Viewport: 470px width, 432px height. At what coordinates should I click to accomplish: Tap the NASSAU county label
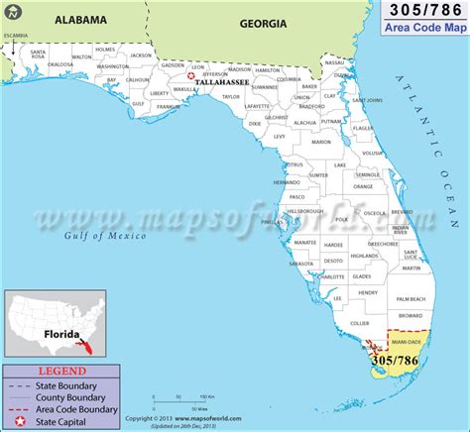point(334,61)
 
